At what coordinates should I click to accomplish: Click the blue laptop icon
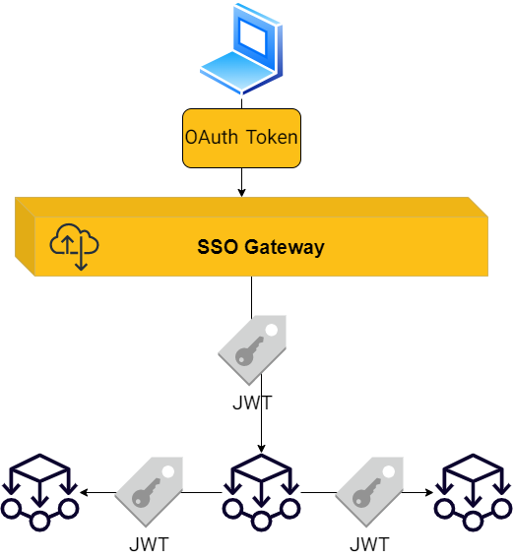pos(241,49)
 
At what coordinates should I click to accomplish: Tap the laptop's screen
pos(253,36)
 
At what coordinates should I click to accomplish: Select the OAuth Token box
pos(241,138)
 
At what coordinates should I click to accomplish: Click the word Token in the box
pos(272,137)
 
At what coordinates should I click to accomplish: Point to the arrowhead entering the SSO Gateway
pos(241,193)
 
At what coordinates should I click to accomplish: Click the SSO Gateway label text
pos(261,247)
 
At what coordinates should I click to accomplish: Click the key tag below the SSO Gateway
pos(252,350)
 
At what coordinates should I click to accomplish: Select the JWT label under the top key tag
pos(252,403)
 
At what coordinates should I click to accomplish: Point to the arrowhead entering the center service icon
pos(261,449)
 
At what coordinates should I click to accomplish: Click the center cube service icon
pos(261,493)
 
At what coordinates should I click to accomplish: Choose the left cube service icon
pos(39,493)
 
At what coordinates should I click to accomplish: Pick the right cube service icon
pos(473,493)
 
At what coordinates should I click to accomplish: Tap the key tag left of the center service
pos(149,492)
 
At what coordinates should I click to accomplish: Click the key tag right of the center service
pos(369,492)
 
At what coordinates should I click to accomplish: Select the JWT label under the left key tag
pos(149,545)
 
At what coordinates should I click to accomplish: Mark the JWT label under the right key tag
pos(369,545)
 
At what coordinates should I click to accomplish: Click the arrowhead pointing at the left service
pos(85,493)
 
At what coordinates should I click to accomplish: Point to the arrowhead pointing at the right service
pos(428,493)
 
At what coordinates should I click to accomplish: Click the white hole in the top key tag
pos(272,330)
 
